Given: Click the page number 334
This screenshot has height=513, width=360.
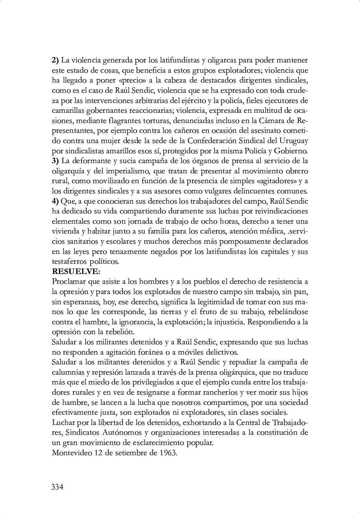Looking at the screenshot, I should (x=57, y=487).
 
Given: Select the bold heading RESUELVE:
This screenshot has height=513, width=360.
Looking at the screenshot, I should (x=71, y=271).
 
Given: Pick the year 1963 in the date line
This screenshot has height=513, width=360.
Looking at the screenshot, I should (x=168, y=452).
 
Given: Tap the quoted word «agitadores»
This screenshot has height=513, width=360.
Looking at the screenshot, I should (x=276, y=181).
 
